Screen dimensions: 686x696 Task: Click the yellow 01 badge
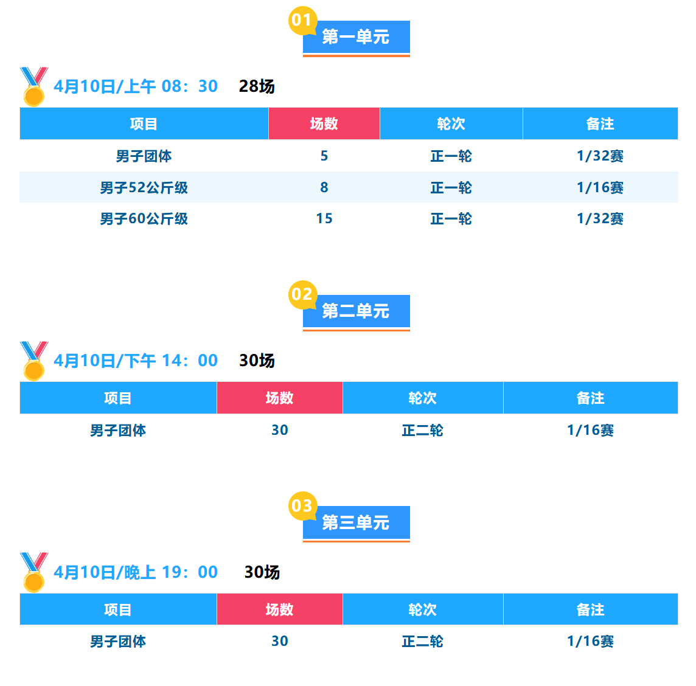(302, 20)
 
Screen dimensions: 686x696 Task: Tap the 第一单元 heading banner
(357, 37)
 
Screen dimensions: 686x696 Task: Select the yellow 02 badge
(302, 294)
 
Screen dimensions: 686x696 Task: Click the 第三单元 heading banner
(357, 522)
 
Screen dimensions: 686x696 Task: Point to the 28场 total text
(257, 86)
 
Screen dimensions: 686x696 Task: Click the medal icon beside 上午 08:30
(33, 86)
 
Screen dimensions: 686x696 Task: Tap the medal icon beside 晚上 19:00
(33, 572)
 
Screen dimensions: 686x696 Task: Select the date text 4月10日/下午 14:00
(136, 361)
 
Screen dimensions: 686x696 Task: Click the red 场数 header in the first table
(324, 124)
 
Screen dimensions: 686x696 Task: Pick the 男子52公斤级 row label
(144, 187)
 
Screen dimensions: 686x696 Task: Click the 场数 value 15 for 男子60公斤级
(324, 219)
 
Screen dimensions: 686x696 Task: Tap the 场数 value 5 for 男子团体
(324, 156)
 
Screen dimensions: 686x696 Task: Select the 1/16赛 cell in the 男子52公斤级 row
(600, 187)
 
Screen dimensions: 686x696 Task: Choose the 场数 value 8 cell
(324, 187)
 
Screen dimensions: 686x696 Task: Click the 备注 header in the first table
(600, 124)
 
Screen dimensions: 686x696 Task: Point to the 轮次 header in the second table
(423, 398)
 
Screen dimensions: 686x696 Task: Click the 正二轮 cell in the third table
(423, 642)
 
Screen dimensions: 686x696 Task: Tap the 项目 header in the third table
(118, 610)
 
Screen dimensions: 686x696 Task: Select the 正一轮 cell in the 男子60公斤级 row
(451, 219)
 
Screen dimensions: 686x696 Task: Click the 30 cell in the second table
(280, 431)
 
